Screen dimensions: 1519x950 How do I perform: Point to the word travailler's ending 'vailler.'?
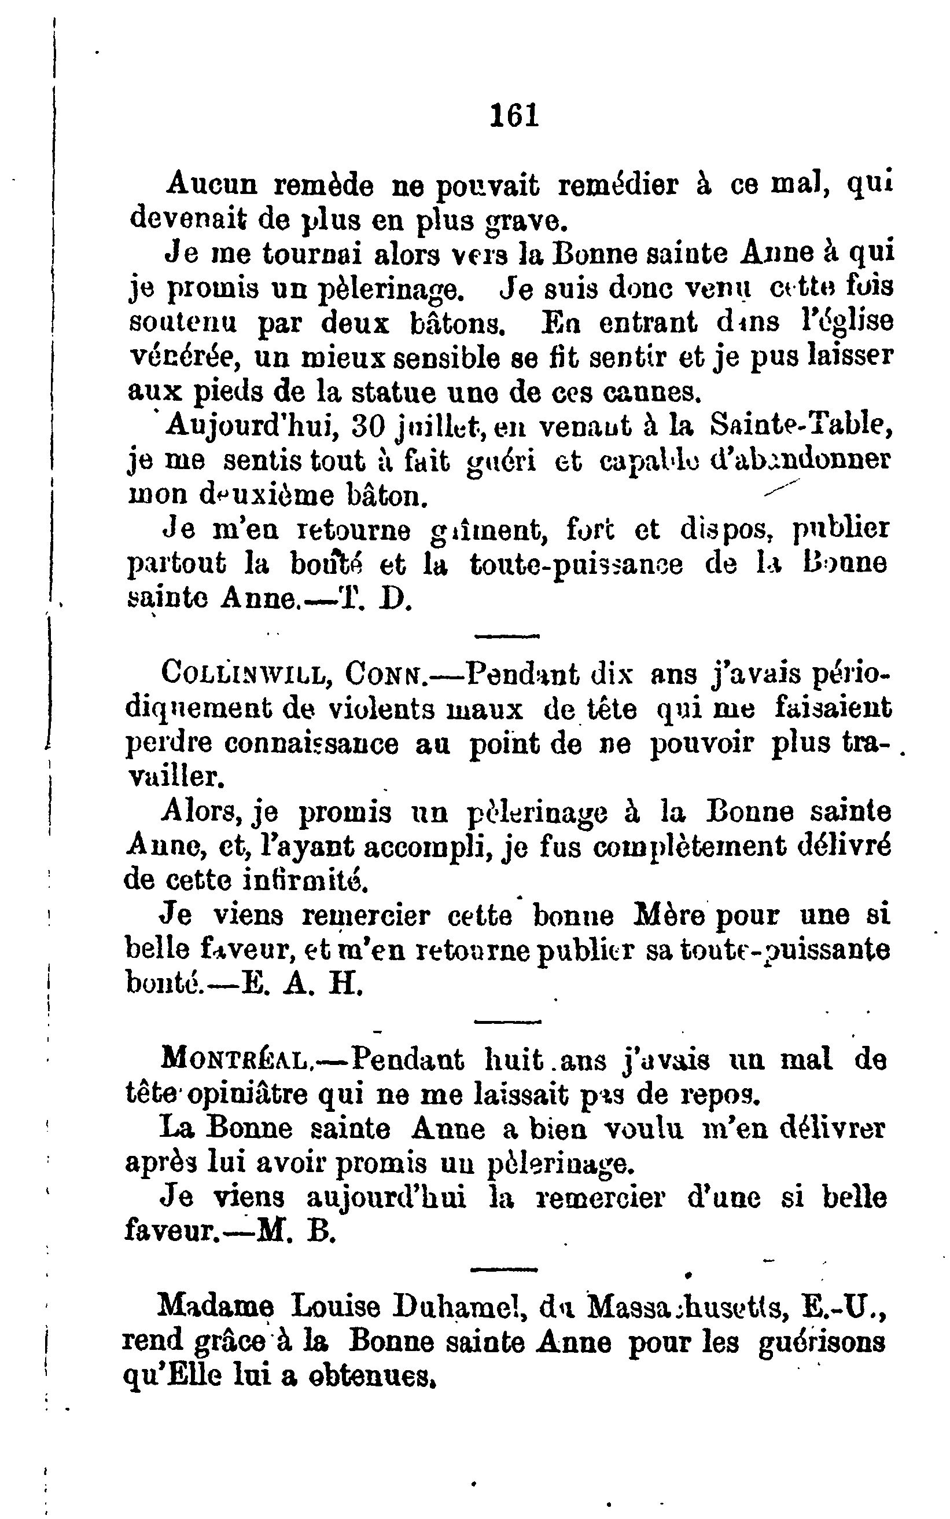(x=176, y=778)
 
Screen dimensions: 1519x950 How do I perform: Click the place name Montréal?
(x=235, y=1060)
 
